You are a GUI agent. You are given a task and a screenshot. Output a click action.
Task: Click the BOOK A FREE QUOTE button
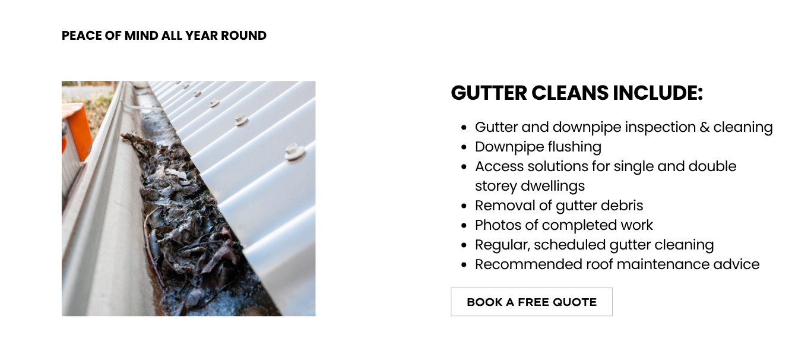coord(531,302)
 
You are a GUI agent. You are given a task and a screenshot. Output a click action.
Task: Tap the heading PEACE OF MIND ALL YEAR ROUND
coord(164,36)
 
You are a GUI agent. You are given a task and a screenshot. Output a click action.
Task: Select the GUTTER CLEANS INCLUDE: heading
coord(576,93)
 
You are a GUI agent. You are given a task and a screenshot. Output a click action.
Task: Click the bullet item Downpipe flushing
coord(538,147)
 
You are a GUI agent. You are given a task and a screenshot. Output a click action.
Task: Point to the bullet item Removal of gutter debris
coord(559,206)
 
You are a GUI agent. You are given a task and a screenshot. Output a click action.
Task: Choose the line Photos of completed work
coord(563,225)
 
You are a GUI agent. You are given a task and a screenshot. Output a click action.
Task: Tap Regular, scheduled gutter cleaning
coord(594,245)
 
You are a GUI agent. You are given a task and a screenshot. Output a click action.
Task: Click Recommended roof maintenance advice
coord(617,264)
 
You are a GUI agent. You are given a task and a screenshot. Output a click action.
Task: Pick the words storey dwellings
coord(530,186)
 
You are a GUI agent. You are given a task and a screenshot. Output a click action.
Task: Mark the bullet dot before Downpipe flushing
coord(464,147)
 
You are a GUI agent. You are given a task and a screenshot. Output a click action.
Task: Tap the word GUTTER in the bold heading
coord(489,93)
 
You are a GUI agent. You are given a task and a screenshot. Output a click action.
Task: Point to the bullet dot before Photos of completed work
coord(464,226)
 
